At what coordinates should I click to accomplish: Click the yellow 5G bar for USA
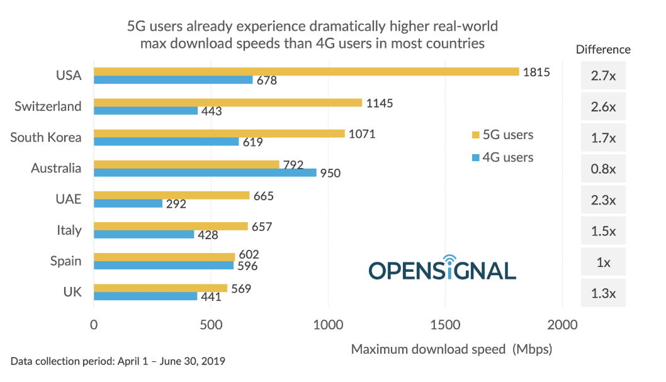pos(306,71)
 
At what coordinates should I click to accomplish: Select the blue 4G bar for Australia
pos(205,172)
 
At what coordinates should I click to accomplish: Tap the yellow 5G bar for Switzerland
pos(228,102)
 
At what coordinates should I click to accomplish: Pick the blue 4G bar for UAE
pos(128,203)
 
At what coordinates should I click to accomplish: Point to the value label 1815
pos(536,72)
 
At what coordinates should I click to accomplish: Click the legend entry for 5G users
pos(502,135)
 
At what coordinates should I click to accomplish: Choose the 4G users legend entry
pos(502,157)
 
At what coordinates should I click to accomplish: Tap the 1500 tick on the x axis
pos(445,325)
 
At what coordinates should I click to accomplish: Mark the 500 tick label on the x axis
pos(211,325)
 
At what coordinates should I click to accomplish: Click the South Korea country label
pos(46,137)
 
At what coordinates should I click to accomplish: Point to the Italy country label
pos(69,230)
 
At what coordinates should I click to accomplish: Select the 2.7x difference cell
pos(603,76)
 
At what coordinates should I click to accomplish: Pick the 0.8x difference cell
pos(603,169)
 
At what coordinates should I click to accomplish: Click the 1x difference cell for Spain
pos(603,262)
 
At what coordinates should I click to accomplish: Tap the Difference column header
pos(603,49)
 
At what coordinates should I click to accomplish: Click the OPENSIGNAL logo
pos(442,269)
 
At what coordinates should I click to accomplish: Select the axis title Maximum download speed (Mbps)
pos(451,349)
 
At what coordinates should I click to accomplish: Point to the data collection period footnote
pos(118,361)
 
